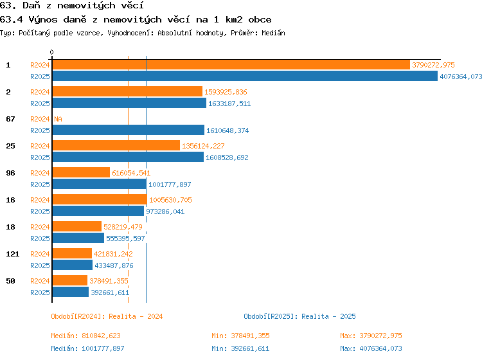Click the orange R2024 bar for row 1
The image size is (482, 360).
point(231,65)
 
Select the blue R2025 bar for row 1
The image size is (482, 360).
point(245,76)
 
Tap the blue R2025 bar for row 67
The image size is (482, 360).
point(128,130)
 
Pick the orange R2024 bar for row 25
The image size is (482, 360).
point(116,145)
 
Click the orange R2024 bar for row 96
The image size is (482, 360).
point(81,172)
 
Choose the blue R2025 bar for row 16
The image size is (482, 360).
point(98,212)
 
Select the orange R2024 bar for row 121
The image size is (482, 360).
point(72,254)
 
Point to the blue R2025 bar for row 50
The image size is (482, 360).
point(71,292)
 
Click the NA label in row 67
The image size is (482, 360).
point(58,119)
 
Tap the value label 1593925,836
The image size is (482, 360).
point(226,92)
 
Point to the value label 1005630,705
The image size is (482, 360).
point(170,200)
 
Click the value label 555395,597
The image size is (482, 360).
point(125,239)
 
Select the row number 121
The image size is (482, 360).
point(13,254)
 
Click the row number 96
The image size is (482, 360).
point(10,173)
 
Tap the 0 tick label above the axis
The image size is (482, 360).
point(51,52)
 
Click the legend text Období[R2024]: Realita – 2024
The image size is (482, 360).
point(107,316)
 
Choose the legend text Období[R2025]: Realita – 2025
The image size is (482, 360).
point(299,316)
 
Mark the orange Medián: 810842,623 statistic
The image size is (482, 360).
point(85,336)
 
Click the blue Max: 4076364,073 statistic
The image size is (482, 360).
point(371,348)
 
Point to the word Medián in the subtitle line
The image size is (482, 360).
point(273,33)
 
